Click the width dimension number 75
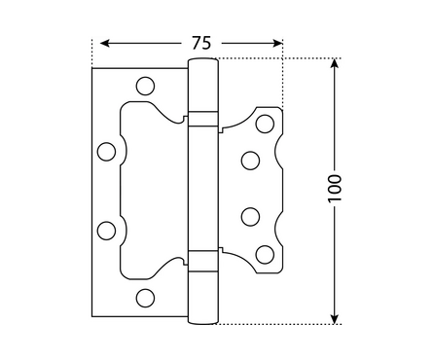click(x=201, y=43)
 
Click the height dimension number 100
click(x=335, y=189)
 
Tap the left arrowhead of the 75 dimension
click(x=104, y=43)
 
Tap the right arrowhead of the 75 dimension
click(x=278, y=43)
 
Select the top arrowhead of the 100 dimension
click(x=335, y=63)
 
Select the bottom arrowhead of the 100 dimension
click(x=335, y=319)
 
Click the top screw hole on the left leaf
click(x=145, y=86)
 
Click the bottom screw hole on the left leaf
click(x=145, y=298)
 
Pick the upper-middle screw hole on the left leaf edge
click(x=106, y=152)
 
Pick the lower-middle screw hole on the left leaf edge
click(x=106, y=231)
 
